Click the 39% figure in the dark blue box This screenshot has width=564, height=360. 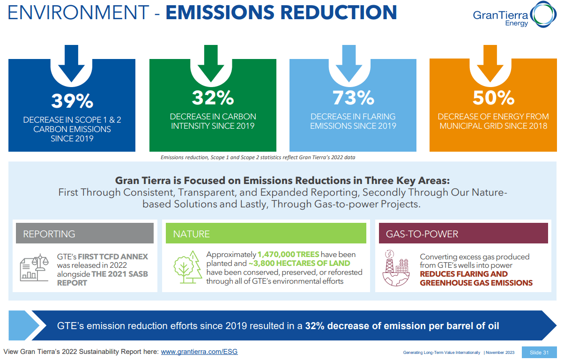[x=72, y=101]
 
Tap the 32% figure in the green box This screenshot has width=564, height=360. [x=213, y=98]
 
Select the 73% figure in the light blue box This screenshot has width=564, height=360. [x=353, y=98]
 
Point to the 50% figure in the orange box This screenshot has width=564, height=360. [x=493, y=98]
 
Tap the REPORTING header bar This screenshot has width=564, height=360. [x=85, y=234]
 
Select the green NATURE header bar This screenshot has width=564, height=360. [x=266, y=234]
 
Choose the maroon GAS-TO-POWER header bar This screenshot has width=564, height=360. [x=463, y=234]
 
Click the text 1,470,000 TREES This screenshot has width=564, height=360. [x=289, y=255]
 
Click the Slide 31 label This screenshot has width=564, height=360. [x=539, y=353]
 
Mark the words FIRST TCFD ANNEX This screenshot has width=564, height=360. [x=113, y=257]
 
